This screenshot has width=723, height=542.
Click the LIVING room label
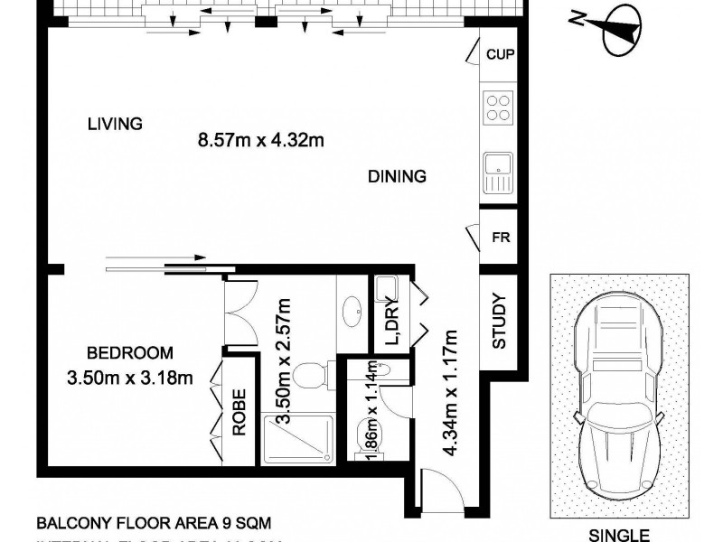click(x=115, y=124)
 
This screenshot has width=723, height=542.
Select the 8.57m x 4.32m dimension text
click(x=260, y=140)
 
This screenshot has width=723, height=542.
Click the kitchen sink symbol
click(x=498, y=172)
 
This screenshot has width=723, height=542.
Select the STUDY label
click(x=499, y=322)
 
